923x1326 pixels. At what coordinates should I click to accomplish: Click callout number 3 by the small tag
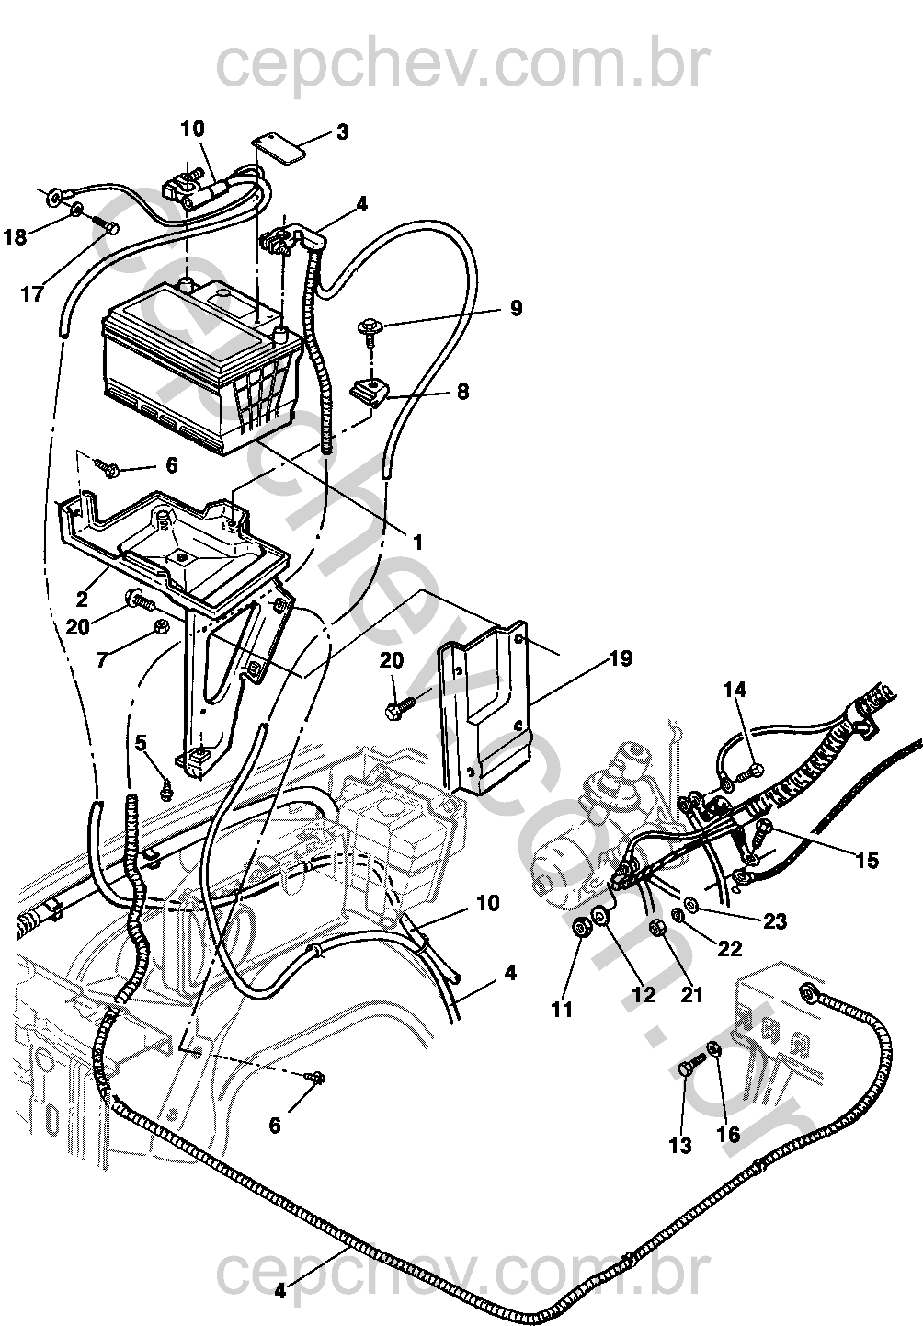pyautogui.click(x=343, y=131)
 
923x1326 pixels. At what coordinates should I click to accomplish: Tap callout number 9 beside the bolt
pyautogui.click(x=516, y=308)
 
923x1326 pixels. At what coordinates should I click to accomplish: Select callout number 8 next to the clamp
pyautogui.click(x=462, y=392)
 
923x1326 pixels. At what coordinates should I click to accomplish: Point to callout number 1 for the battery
pyautogui.click(x=417, y=542)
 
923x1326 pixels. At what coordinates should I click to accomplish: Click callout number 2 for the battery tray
pyautogui.click(x=82, y=599)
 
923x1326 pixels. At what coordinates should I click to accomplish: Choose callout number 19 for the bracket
pyautogui.click(x=621, y=657)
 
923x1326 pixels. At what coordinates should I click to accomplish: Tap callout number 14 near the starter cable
pyautogui.click(x=735, y=690)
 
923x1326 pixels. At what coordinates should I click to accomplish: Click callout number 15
pyautogui.click(x=867, y=860)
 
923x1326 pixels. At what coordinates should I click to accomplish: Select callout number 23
pyautogui.click(x=775, y=921)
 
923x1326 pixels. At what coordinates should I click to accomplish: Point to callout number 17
pyautogui.click(x=32, y=293)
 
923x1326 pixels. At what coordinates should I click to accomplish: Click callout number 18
pyautogui.click(x=16, y=237)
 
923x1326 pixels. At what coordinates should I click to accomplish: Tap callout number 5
pyautogui.click(x=141, y=743)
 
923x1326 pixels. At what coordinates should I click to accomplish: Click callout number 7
pyautogui.click(x=102, y=659)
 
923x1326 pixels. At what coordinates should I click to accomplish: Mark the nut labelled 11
pyautogui.click(x=582, y=929)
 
